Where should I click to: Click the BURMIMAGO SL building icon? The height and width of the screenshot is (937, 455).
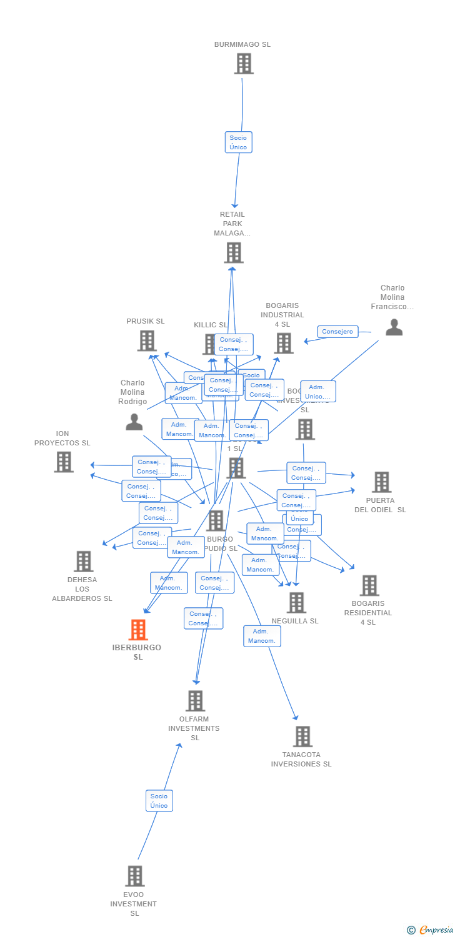coord(243,64)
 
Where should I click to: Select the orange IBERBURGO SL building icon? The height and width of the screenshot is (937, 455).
coord(138,630)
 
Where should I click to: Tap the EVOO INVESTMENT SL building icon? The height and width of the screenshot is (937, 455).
coord(134,876)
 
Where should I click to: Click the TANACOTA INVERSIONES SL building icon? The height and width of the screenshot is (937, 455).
coord(302,736)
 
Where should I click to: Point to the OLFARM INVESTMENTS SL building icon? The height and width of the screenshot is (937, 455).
coord(195,701)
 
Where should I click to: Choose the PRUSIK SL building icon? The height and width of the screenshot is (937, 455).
coord(146,340)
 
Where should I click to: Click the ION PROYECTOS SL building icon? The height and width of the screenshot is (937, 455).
coord(64,462)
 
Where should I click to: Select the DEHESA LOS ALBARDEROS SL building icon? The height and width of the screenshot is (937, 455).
coord(83,562)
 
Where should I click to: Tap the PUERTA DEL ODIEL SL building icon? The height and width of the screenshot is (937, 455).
coord(381,482)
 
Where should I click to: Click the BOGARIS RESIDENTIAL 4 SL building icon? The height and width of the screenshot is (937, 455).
coord(369,585)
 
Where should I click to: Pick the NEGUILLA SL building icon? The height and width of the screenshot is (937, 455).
coord(296,602)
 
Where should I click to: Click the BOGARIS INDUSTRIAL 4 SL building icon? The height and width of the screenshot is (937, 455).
coord(283,343)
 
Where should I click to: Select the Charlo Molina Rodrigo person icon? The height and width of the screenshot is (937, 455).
coord(134,422)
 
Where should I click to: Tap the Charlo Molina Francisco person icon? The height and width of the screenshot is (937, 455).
coord(394,327)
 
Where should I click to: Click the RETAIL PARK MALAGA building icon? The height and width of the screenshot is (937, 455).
coord(233,252)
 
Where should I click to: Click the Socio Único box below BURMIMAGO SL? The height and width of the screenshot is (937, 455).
coord(238,142)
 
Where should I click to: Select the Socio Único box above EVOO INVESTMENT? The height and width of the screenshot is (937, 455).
coord(159,801)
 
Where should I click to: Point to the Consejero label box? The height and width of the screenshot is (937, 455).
coord(337,332)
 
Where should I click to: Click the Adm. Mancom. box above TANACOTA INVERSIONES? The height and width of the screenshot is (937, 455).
coord(262,636)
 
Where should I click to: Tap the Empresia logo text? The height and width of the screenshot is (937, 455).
coord(436,930)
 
